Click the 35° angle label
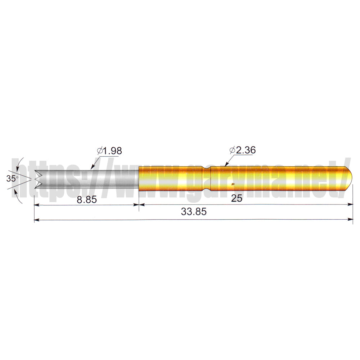12,179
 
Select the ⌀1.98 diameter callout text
109,151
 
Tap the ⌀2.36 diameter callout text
242,150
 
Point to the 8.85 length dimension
87,199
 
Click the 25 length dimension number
237,198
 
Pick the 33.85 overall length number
194,211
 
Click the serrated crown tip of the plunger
39,180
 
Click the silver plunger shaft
90,180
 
